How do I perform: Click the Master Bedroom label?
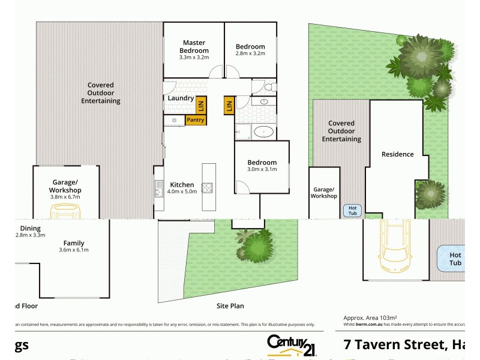(x=194, y=47)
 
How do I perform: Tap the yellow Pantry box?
(x=196, y=120)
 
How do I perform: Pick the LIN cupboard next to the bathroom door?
(x=229, y=106)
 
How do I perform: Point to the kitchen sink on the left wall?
(x=158, y=187)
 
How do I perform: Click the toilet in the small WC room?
(x=268, y=88)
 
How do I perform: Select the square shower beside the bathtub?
(x=244, y=131)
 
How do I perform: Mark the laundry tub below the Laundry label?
(x=174, y=120)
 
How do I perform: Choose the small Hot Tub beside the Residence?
(x=352, y=211)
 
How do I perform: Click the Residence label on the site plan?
(x=398, y=154)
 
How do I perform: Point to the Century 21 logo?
(x=292, y=345)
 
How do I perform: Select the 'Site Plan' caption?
(x=230, y=306)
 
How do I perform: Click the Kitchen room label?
(x=182, y=185)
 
